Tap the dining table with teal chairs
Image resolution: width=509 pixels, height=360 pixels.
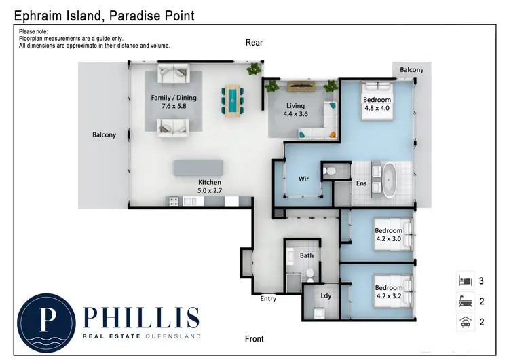coord(233,100)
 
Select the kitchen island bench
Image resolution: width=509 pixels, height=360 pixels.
coord(198,168)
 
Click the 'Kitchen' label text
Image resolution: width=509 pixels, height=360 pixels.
coord(210,183)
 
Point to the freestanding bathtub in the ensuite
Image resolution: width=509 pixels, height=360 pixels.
coord(390,179)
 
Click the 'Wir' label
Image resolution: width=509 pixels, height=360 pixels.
coord(304,179)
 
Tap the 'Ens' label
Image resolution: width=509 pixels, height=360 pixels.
coord(362,184)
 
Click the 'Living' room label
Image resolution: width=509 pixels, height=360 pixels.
coord(295,106)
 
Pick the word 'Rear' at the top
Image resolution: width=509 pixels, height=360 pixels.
coord(254,43)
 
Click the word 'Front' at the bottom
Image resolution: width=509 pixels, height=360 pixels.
coord(254,339)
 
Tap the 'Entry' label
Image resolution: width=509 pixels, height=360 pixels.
coord(269,299)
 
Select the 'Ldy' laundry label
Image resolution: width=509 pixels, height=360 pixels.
coord(326,295)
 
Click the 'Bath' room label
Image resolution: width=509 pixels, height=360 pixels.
coord(307,256)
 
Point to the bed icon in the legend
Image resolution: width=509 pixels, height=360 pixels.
coord(465,280)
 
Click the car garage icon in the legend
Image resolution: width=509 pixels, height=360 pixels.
coord(465,323)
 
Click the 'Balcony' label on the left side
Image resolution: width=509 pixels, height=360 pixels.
coord(104,135)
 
